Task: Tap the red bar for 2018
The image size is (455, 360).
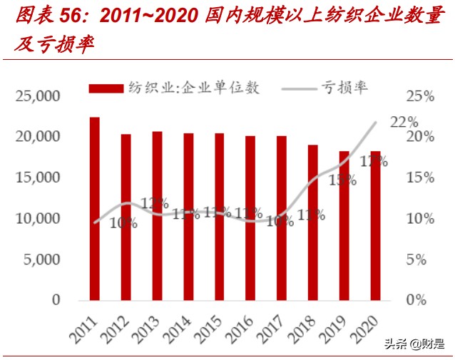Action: tap(312, 222)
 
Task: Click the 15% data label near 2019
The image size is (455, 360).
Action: tap(342, 180)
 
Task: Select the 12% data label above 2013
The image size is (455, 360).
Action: tap(154, 203)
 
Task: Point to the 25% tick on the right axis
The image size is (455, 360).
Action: tap(420, 96)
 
